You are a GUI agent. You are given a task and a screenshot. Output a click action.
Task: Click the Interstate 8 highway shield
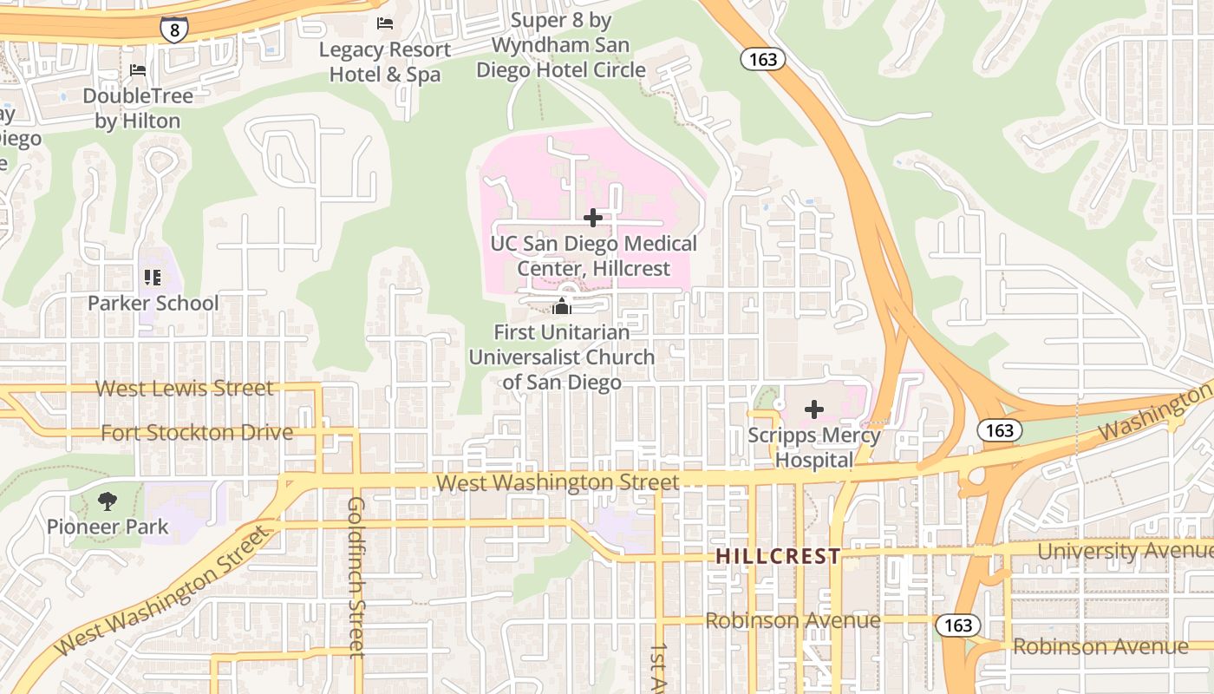[x=174, y=29]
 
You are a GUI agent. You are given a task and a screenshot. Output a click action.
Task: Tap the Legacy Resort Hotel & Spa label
[x=385, y=62]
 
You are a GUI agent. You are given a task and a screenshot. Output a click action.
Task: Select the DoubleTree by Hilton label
[x=138, y=108]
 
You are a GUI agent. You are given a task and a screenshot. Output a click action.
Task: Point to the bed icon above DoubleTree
[x=137, y=69]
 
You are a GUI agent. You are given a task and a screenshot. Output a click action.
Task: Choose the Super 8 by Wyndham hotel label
[x=561, y=45]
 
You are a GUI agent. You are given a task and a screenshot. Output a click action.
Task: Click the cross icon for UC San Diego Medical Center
[x=593, y=217]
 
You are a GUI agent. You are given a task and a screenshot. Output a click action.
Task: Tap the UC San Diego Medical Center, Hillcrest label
[x=594, y=256]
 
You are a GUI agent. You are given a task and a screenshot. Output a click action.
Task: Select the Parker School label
[x=153, y=304]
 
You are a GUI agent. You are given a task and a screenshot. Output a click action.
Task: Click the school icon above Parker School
[x=153, y=278]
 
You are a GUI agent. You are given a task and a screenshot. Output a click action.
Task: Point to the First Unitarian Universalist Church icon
[x=562, y=306]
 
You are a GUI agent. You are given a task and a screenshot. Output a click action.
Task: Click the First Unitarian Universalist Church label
[x=562, y=357]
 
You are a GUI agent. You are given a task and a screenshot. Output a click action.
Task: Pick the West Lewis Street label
[x=184, y=388]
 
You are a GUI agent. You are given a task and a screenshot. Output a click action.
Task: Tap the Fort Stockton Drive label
[x=197, y=432]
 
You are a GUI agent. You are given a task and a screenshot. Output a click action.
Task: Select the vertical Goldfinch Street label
[x=356, y=577]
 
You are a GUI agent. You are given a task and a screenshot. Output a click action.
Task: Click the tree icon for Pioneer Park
[x=108, y=501]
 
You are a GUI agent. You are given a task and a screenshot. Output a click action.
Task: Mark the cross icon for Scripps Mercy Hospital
[x=814, y=409]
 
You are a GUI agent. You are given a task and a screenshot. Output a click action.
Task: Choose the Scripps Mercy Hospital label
[x=814, y=448]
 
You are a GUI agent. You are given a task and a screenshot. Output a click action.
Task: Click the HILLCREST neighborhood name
[x=778, y=556]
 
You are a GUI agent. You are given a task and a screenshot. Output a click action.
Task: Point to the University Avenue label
[x=1125, y=551]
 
